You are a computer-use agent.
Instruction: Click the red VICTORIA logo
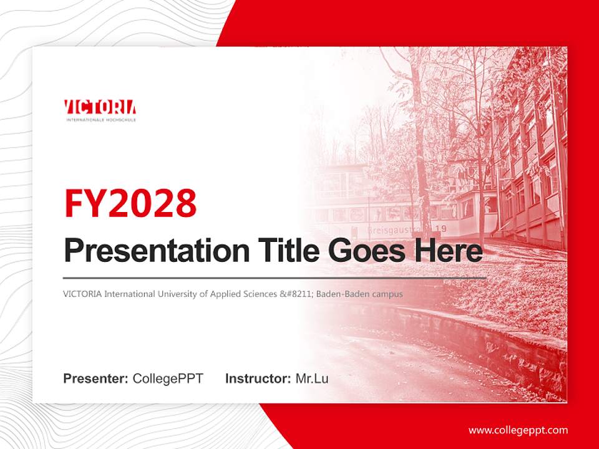click(100, 107)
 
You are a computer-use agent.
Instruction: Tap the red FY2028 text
click(130, 203)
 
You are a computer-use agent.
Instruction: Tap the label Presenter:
click(96, 379)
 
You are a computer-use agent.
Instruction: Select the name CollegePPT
click(168, 379)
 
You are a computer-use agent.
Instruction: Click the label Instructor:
click(258, 379)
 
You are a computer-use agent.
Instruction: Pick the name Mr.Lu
click(312, 379)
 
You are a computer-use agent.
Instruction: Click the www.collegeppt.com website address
click(518, 430)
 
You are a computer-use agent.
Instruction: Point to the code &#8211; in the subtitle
click(296, 294)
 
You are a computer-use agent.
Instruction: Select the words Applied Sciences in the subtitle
click(243, 294)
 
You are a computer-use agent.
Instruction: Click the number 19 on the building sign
click(441, 229)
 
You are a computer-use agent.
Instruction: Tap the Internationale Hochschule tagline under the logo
click(101, 119)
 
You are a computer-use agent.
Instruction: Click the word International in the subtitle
click(125, 294)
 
